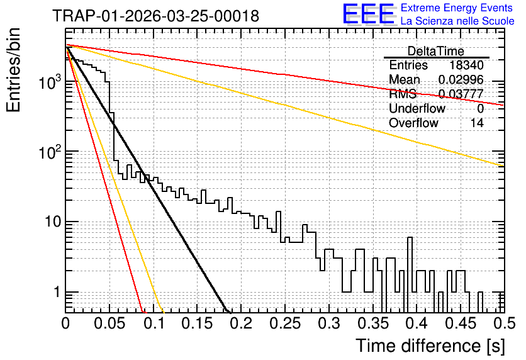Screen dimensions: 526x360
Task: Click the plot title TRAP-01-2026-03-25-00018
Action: pyautogui.click(x=156, y=16)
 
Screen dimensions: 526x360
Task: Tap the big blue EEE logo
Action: pyautogui.click(x=368, y=14)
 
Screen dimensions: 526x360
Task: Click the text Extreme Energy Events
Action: pyautogui.click(x=457, y=8)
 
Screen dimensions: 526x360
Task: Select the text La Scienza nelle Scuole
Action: pyautogui.click(x=457, y=21)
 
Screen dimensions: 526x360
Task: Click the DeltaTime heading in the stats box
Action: pyautogui.click(x=436, y=51)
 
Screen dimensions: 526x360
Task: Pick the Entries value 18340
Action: pyautogui.click(x=466, y=65)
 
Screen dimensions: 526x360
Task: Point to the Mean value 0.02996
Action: pyautogui.click(x=461, y=79)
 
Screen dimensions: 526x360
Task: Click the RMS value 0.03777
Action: pyautogui.click(x=461, y=94)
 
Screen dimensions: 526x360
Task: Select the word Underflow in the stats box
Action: pyautogui.click(x=417, y=108)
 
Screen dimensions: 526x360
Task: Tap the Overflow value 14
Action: pyautogui.click(x=477, y=123)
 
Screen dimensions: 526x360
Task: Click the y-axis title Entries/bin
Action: pyautogui.click(x=13, y=70)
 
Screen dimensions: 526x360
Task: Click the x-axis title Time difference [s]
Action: pyautogui.click(x=430, y=346)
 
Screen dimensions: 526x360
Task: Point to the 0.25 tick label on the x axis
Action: pyautogui.click(x=285, y=323)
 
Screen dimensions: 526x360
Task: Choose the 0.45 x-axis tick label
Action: pyautogui.click(x=461, y=323)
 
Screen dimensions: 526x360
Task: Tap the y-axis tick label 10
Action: pyautogui.click(x=53, y=222)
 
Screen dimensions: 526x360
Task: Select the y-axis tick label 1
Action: pyautogui.click(x=57, y=292)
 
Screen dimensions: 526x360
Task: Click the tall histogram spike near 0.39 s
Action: pyautogui.click(x=410, y=265)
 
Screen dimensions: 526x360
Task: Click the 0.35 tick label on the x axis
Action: pyautogui.click(x=372, y=323)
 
